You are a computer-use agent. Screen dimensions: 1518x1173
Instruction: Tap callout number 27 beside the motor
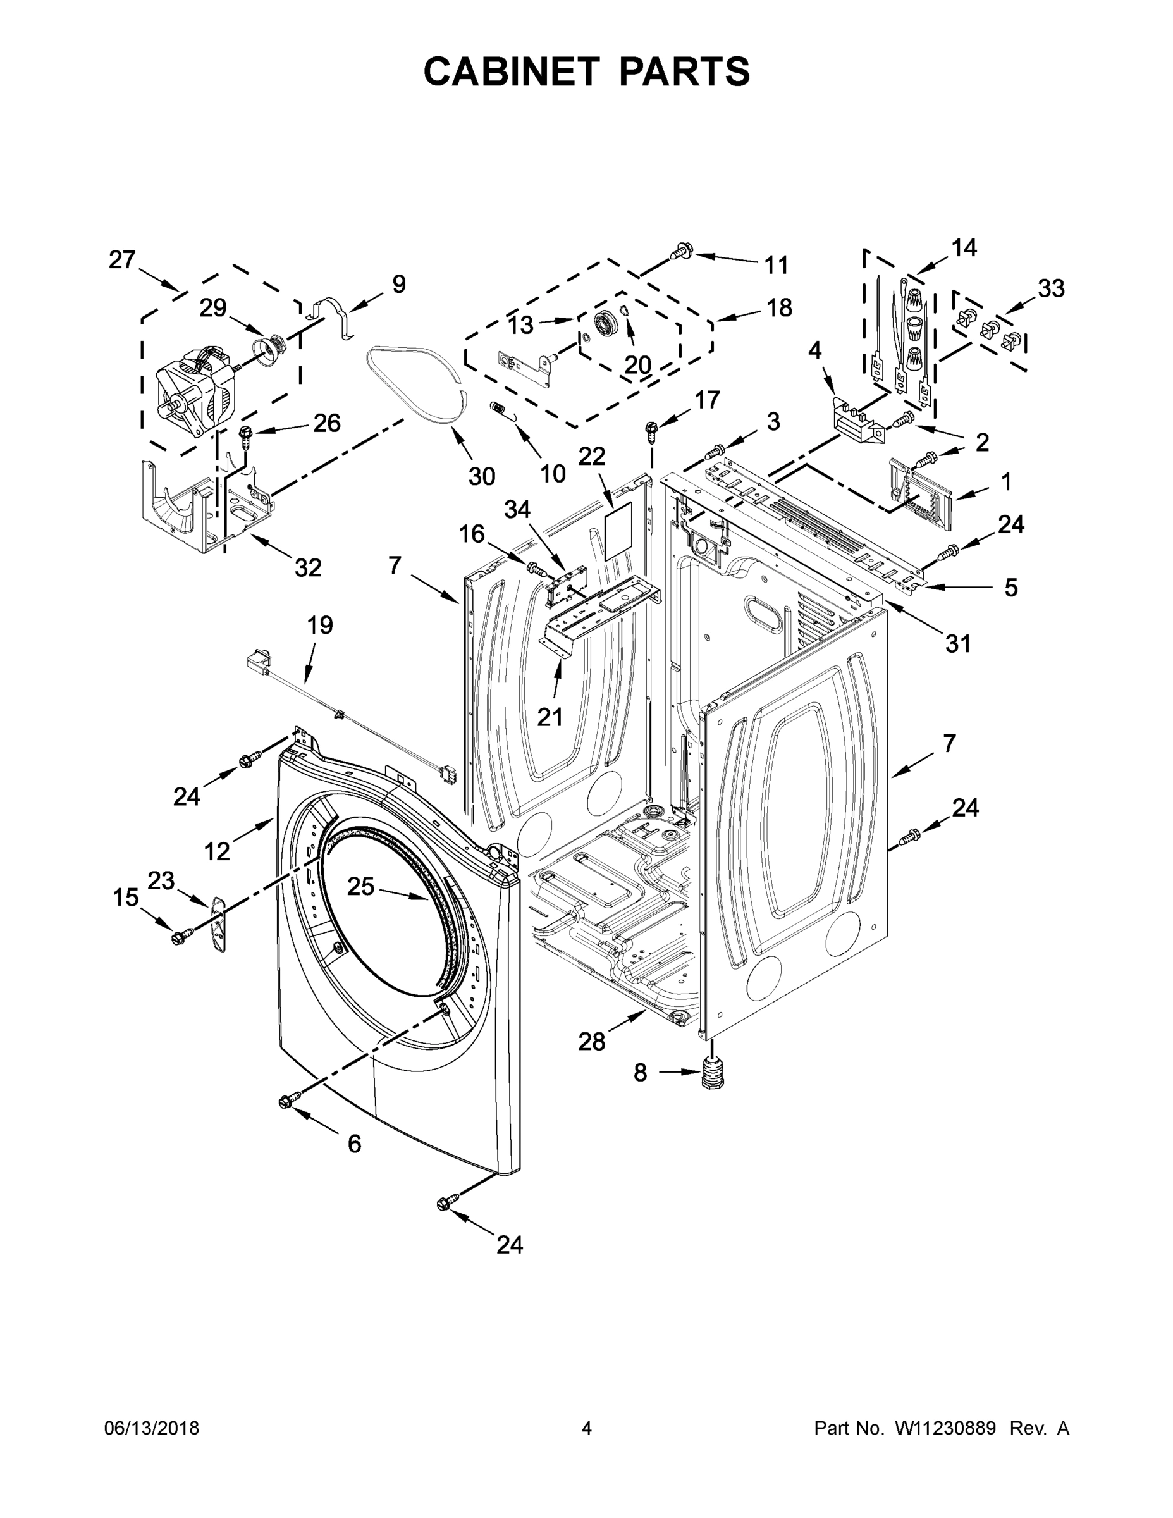[122, 260]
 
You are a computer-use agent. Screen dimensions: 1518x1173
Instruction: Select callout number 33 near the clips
[1051, 288]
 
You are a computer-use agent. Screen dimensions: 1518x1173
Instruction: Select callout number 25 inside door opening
[360, 887]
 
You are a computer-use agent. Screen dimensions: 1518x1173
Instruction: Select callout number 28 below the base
[591, 1061]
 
